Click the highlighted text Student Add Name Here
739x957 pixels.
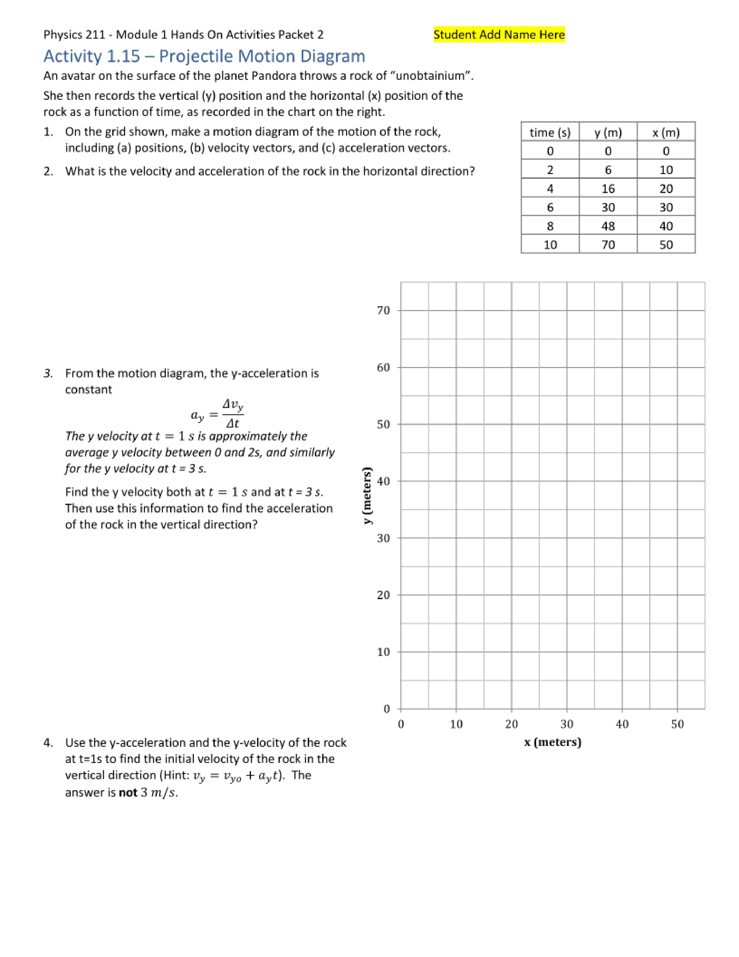click(499, 35)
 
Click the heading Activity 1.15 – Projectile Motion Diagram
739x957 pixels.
click(204, 56)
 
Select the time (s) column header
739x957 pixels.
click(550, 132)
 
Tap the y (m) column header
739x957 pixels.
click(608, 132)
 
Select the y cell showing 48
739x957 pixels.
click(608, 226)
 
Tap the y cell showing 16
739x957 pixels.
click(608, 188)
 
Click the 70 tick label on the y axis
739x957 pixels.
click(383, 311)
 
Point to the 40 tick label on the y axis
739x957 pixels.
click(383, 481)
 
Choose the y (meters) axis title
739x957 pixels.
click(367, 496)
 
